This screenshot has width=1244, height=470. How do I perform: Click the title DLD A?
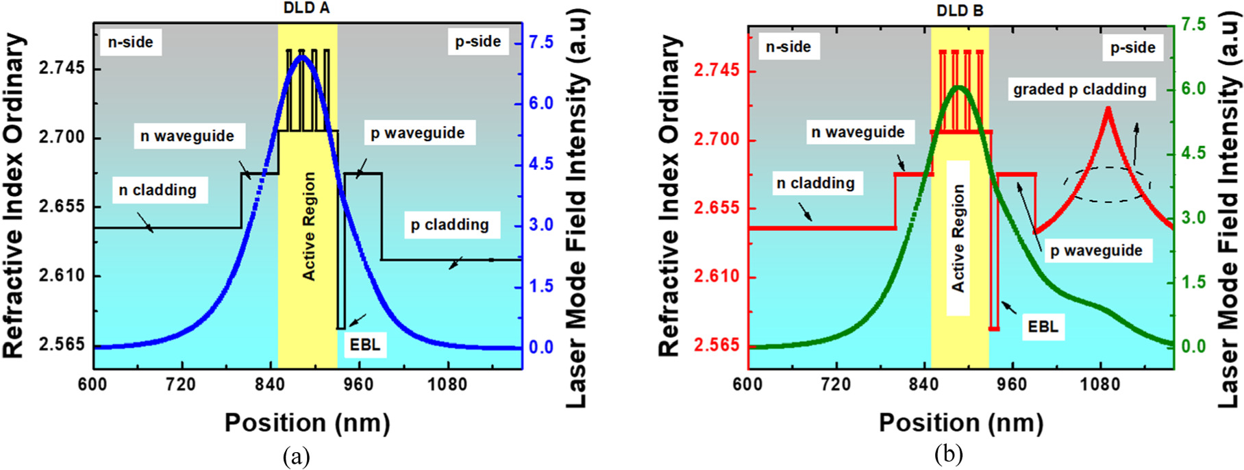[x=306, y=9]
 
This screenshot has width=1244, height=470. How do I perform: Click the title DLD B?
[x=960, y=11]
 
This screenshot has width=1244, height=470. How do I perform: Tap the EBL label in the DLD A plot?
[x=365, y=345]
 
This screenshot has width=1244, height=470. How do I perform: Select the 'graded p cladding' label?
[x=1080, y=89]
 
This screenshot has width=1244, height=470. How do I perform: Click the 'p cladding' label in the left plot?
[x=449, y=225]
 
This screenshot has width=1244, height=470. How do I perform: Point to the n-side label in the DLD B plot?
[x=788, y=47]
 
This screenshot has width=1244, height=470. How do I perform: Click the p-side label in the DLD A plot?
[x=478, y=42]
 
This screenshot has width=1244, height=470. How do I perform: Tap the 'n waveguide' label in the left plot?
[x=187, y=136]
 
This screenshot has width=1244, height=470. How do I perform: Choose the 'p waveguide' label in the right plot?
[x=1096, y=251]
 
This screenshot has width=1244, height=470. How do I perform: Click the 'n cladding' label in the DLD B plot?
[x=815, y=183]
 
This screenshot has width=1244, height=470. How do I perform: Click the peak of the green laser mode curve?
[x=959, y=88]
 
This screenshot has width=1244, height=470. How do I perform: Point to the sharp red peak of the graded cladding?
[x=1108, y=108]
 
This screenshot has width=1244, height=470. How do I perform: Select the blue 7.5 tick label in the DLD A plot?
[x=540, y=42]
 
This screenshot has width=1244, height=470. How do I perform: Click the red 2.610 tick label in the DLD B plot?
[x=716, y=277]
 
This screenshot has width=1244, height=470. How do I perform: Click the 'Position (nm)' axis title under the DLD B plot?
[x=961, y=423]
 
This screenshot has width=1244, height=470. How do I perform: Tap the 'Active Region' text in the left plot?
[x=309, y=226]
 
